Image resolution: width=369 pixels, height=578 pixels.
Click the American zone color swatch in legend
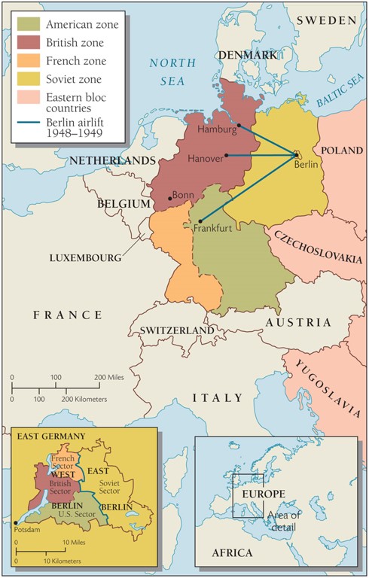pos(28,25)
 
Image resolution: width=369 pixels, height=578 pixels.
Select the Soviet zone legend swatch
pos(28,78)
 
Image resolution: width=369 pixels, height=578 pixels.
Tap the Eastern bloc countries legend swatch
pos(28,96)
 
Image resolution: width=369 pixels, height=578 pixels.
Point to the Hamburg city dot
pos(239,126)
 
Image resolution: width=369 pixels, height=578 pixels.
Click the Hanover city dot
pos(226,156)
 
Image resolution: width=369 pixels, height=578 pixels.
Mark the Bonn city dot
pos(170,199)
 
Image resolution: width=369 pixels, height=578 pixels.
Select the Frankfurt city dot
pos(200,221)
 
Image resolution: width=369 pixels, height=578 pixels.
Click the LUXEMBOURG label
pos(85,257)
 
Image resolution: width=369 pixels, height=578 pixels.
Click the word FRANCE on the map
pos(66,315)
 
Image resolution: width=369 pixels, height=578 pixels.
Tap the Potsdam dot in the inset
pos(16,522)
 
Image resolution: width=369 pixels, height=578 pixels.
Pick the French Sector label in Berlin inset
pos(63,461)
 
